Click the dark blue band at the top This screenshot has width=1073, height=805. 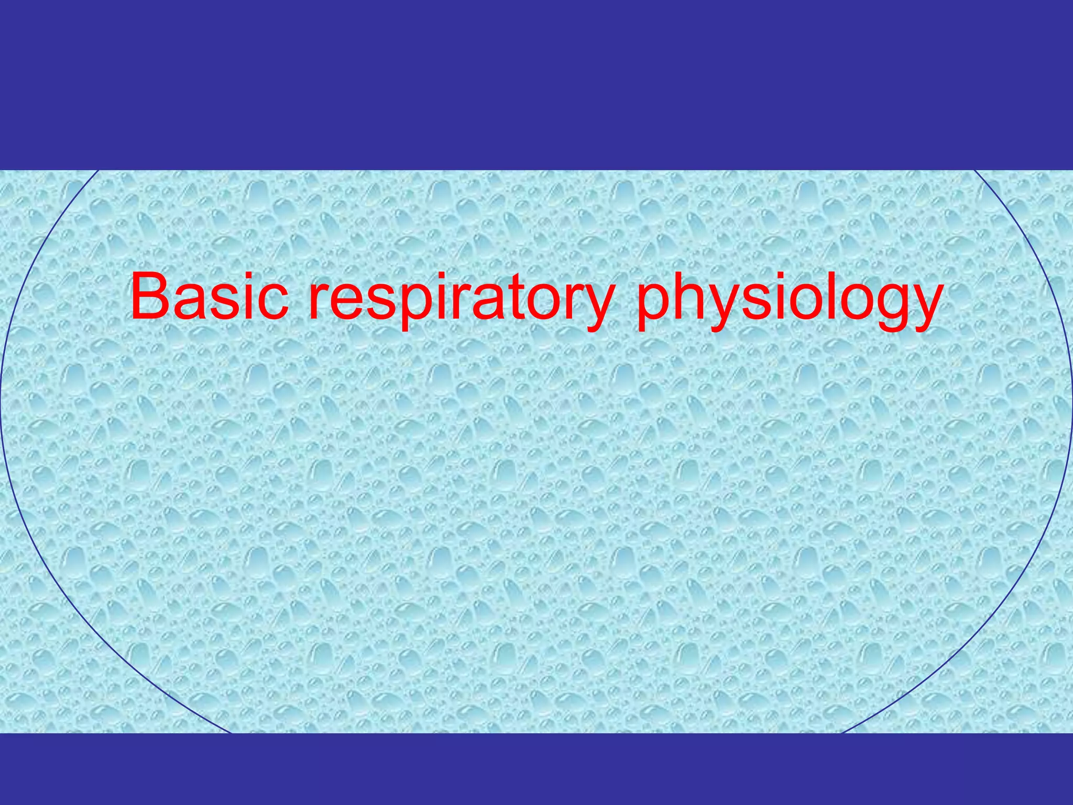[536, 84]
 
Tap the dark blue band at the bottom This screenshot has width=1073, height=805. [536, 769]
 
